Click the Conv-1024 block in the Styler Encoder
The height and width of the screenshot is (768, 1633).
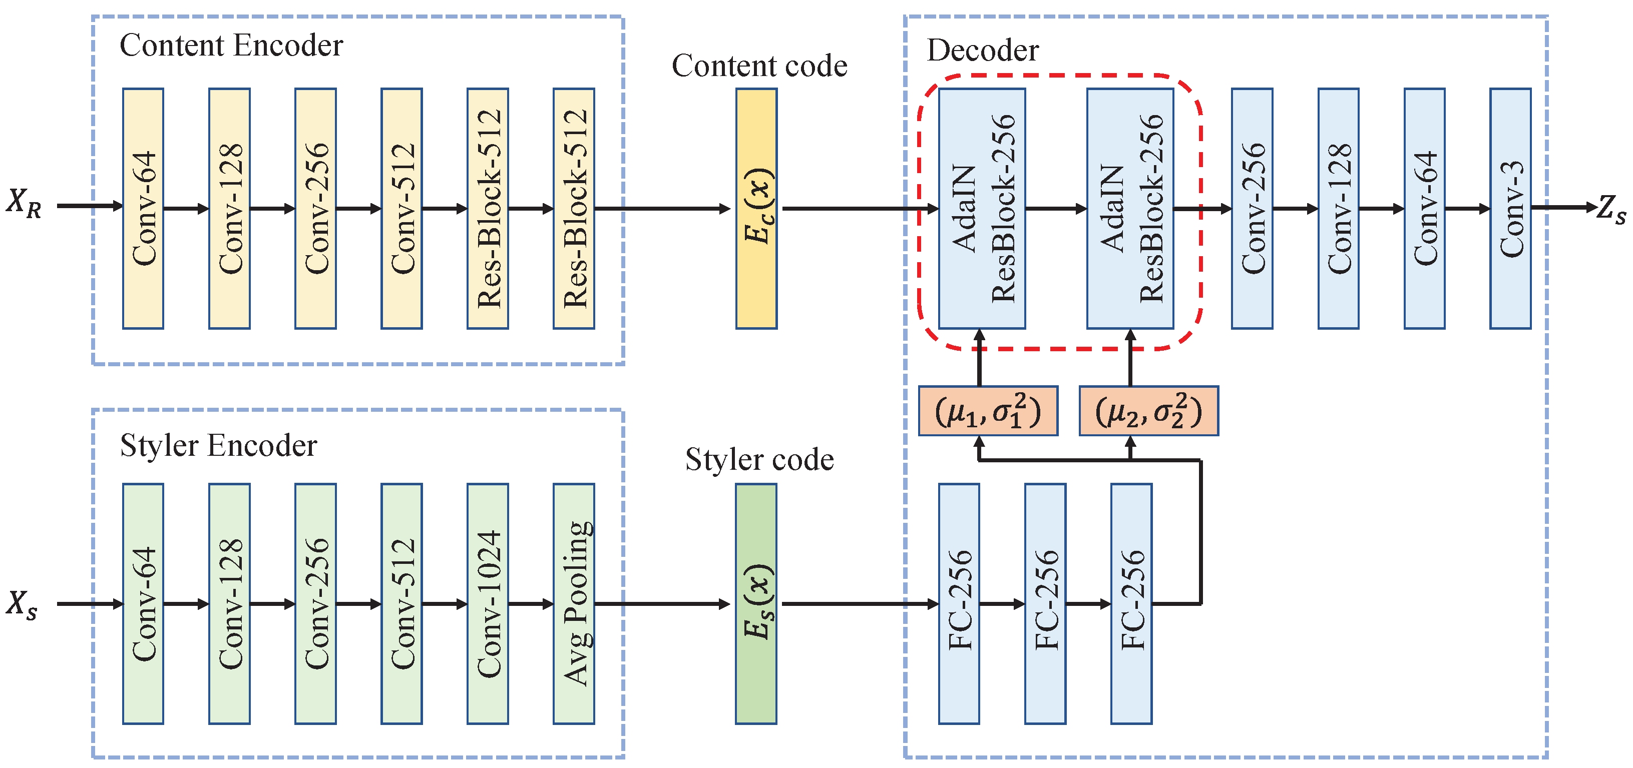pyautogui.click(x=488, y=603)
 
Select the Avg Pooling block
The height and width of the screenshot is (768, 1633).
pyautogui.click(x=574, y=603)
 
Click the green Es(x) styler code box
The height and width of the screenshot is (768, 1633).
pyautogui.click(x=756, y=603)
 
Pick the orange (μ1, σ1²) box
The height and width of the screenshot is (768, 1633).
pyautogui.click(x=988, y=411)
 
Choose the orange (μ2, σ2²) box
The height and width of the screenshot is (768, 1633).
pyautogui.click(x=1149, y=411)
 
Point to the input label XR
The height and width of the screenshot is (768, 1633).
pyautogui.click(x=24, y=203)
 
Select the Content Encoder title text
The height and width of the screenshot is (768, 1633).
pyautogui.click(x=231, y=46)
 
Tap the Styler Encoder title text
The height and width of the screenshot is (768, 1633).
pyautogui.click(x=218, y=445)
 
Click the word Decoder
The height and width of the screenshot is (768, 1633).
pyautogui.click(x=983, y=51)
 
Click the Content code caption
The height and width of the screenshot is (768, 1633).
pyautogui.click(x=759, y=66)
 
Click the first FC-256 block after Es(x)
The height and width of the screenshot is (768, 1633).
pyautogui.click(x=959, y=603)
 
